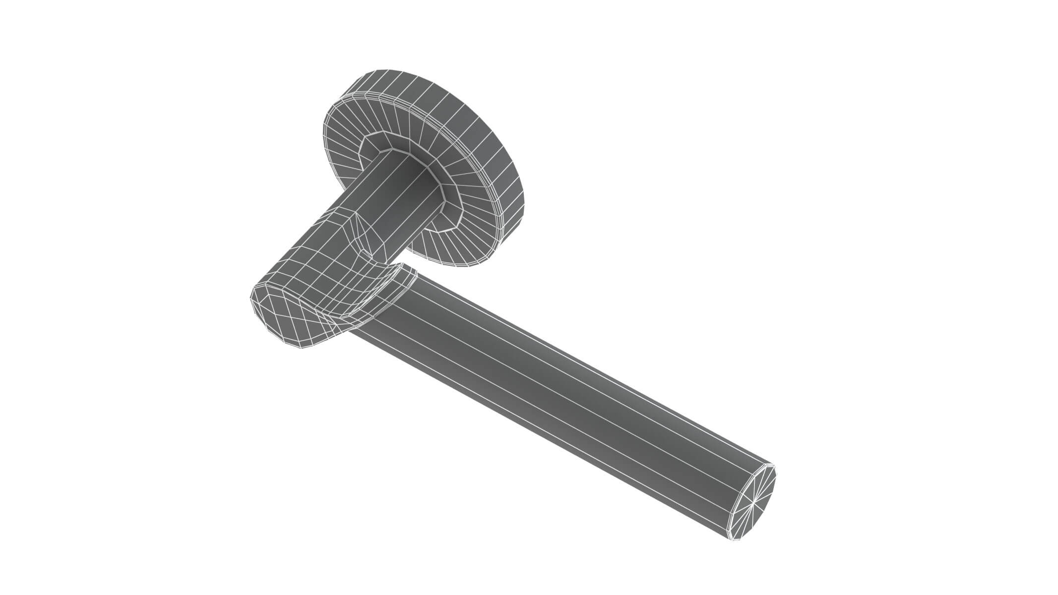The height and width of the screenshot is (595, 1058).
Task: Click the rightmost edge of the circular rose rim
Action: (524, 198)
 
